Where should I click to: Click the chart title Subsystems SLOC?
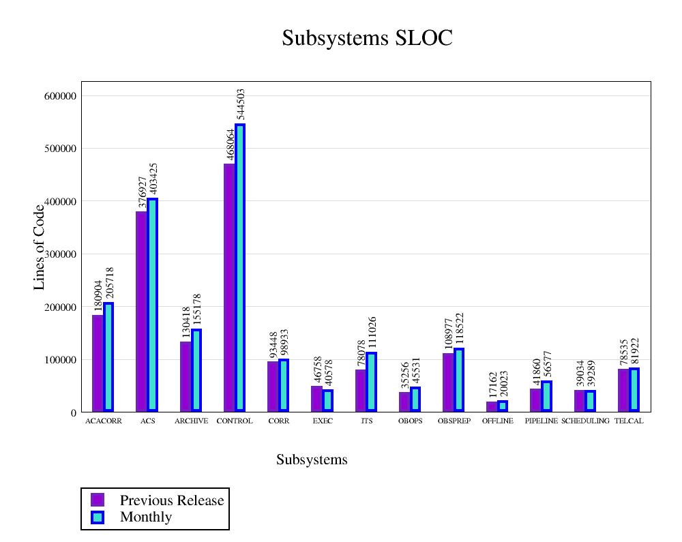(367, 38)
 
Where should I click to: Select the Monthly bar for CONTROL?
(240, 267)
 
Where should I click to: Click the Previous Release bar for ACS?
(141, 311)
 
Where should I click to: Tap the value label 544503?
(240, 104)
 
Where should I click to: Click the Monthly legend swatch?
(98, 517)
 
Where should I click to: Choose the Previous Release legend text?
(172, 500)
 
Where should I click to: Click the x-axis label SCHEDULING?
(585, 421)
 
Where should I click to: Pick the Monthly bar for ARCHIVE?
(196, 370)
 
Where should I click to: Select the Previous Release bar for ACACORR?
(98, 363)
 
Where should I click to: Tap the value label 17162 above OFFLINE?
(493, 385)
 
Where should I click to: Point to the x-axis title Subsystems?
(312, 460)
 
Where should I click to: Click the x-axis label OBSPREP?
(454, 421)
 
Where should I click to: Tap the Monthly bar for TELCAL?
(634, 389)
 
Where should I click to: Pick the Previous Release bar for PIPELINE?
(535, 400)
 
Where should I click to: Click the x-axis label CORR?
(279, 421)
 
